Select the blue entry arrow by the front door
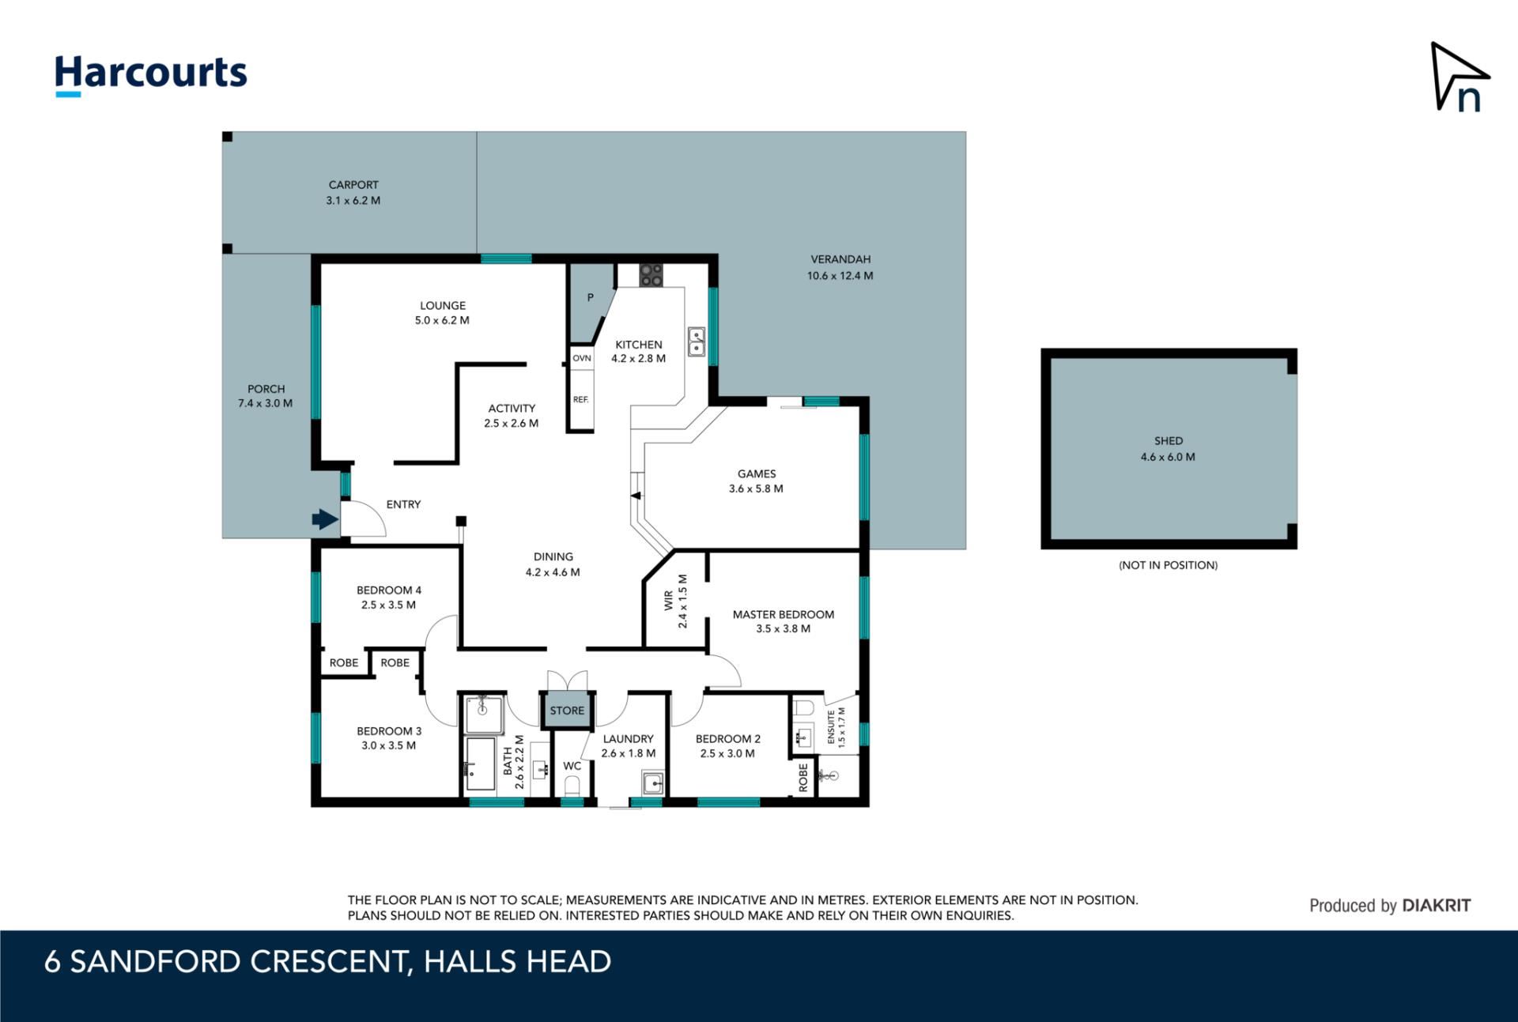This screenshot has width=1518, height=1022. point(325,519)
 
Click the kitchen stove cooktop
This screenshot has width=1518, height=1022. point(651,275)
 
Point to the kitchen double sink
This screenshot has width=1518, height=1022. point(696,341)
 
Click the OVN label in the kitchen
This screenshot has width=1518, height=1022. point(582,358)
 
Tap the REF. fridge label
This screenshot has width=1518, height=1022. point(581,399)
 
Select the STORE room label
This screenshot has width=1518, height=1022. point(567,711)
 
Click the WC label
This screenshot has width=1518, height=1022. point(572,766)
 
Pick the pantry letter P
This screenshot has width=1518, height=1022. point(590,298)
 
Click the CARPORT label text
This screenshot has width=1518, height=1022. point(353,185)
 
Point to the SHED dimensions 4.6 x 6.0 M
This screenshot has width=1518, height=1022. point(1168,457)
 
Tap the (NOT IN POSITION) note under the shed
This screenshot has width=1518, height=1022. point(1168,565)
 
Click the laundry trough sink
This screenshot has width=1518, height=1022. point(653,783)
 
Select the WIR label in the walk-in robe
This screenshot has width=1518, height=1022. point(669,601)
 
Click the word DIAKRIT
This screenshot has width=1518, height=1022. point(1436,906)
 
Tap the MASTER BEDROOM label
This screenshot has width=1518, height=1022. point(783,614)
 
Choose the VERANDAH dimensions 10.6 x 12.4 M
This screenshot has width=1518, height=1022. point(840,276)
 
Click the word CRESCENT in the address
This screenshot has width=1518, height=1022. point(330,962)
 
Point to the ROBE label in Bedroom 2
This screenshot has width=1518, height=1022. point(803,777)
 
